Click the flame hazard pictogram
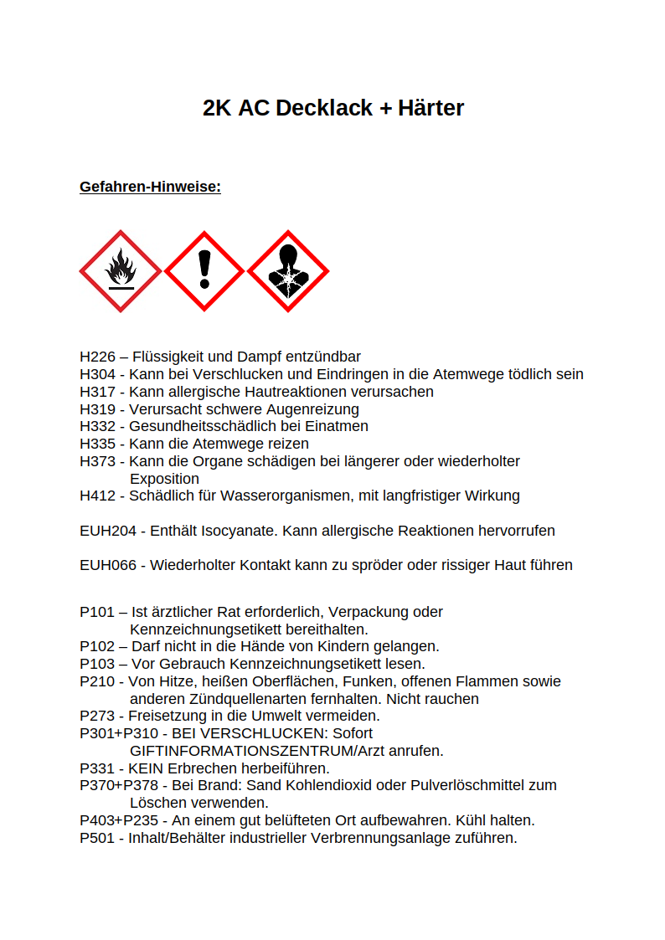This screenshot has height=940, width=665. point(121,271)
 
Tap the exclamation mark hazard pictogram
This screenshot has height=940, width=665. point(204,271)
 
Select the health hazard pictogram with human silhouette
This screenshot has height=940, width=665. point(288,271)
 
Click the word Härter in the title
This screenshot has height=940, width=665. point(430,108)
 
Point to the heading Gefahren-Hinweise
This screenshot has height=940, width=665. point(150,187)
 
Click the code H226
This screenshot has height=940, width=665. point(98,357)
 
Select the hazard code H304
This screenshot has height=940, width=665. point(98,374)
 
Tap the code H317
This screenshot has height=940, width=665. point(98,392)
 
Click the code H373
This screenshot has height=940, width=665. point(98,461)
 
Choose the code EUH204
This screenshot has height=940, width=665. point(108,531)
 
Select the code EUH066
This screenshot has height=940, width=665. point(108,565)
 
